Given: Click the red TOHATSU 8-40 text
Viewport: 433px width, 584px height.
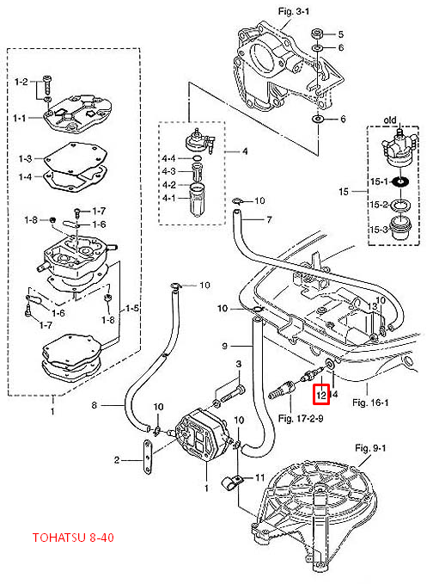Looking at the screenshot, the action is coord(73,538).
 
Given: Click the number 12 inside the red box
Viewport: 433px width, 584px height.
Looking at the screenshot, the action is coord(321,395).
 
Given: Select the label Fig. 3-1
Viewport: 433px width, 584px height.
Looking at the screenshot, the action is coord(294,11).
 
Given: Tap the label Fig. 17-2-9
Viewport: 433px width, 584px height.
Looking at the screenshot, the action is coord(301,418).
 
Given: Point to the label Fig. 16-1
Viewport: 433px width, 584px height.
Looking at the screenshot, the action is coord(370,403).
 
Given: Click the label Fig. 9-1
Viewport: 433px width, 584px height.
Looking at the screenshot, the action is coord(370,448).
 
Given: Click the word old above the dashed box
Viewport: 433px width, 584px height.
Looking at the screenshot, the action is coord(390,120).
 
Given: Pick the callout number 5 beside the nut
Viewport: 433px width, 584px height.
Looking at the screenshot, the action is coord(341,34).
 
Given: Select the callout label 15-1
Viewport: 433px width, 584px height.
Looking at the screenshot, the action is coord(379,181).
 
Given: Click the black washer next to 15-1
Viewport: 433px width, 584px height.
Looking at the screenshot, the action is coord(400,181).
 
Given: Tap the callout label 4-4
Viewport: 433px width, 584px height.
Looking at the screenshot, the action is coord(168,158).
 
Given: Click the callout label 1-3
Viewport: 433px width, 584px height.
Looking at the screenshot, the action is coord(25,158).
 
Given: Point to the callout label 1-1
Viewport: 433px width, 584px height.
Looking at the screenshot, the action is coord(20,118).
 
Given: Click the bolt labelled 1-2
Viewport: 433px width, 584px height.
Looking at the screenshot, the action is coord(47,84).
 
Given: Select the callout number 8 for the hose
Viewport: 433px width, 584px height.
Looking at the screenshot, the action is coord(95,405).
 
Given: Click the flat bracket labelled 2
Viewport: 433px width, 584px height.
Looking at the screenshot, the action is coord(148,456).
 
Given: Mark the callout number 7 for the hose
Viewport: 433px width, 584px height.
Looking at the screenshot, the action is coord(269,219).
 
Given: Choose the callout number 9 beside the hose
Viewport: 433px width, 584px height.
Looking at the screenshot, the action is coord(224,346).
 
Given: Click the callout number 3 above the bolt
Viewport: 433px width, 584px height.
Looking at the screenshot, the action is coord(239,364).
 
